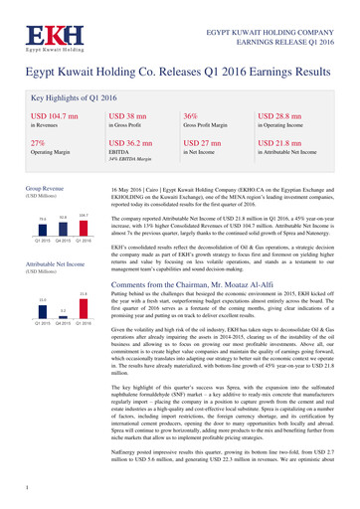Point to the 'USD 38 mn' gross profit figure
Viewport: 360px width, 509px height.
pos(128,117)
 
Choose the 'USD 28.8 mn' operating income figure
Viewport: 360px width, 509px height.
pos(286,117)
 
